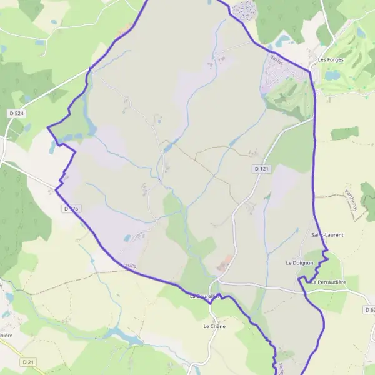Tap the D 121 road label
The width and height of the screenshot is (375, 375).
pos(261,169)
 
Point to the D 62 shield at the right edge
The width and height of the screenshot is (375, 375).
pos(369,309)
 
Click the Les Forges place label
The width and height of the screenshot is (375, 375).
pos(331,60)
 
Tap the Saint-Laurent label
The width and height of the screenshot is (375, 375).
pos(327,235)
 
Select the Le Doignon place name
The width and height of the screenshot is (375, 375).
pos(299,263)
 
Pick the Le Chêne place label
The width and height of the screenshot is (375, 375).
pos(214,326)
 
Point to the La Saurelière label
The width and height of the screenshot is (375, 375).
pos(206,296)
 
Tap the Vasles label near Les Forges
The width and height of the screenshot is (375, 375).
pos(277,59)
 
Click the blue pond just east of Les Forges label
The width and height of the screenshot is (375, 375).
pos(331,75)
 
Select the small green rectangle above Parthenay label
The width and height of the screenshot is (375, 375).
pos(344,133)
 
